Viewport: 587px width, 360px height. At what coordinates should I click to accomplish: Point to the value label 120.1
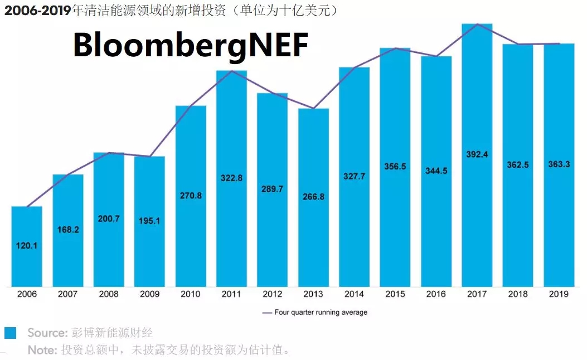[x=27, y=245]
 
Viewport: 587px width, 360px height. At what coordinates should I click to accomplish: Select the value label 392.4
[x=477, y=154]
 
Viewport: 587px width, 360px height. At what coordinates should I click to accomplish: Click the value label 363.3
[x=559, y=164]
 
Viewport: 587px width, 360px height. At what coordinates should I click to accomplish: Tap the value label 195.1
[x=149, y=221]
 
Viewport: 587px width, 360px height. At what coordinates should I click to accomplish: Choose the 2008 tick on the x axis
[x=109, y=294]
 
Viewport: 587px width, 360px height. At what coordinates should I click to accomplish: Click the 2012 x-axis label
[x=272, y=294]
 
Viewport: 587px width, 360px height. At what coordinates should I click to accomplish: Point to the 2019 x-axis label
[x=559, y=294]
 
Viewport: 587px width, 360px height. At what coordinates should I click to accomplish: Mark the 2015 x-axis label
[x=395, y=294]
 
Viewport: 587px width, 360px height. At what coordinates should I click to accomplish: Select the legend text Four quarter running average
[x=321, y=313]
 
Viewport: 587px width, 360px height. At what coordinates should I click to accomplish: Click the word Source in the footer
[x=47, y=333]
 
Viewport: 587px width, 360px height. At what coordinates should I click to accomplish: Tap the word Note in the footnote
[x=41, y=350]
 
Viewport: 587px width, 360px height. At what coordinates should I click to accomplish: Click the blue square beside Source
[x=10, y=333]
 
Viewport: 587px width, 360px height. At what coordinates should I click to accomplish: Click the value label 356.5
[x=395, y=166]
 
